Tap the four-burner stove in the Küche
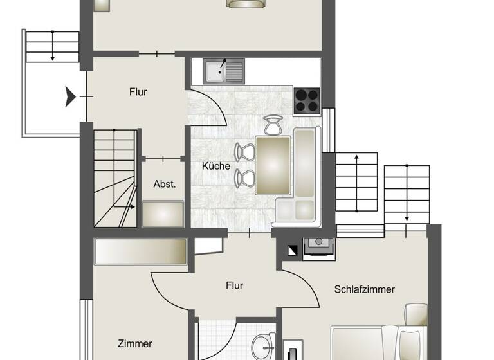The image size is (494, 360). point(307,100)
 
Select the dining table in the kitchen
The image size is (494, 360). point(273,165)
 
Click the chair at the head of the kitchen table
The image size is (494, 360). point(273,125)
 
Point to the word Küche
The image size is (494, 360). point(216,166)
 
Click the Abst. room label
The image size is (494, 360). point(165,184)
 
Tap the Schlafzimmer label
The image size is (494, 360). point(364,289)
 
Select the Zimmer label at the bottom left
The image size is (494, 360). point(135,344)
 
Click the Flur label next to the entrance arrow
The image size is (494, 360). point(138,92)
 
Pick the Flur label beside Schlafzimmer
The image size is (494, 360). point(235,285)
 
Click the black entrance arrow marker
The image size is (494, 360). point(70,97)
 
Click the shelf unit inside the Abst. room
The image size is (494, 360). point(163,213)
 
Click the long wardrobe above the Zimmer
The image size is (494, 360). point(140,252)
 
